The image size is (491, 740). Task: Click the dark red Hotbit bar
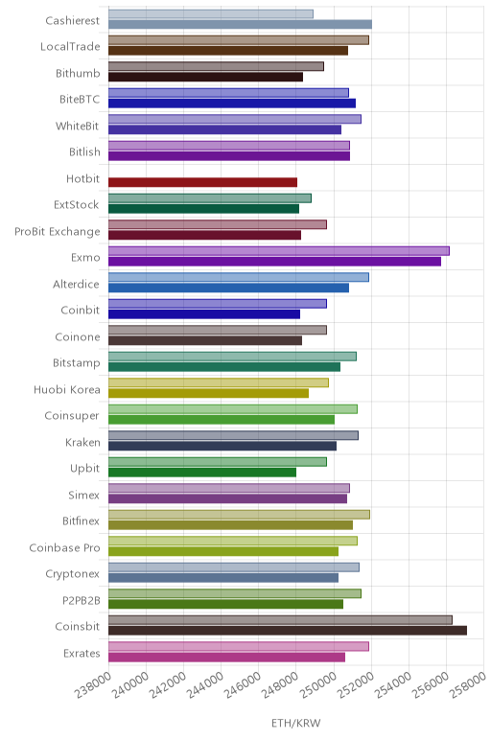[x=202, y=182]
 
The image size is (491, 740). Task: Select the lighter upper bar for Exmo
[x=278, y=251]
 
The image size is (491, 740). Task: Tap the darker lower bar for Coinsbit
[x=288, y=630]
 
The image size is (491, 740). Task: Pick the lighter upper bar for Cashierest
[x=211, y=14]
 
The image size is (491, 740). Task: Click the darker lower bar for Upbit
[x=202, y=472]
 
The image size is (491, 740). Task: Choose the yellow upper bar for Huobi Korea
[x=219, y=382]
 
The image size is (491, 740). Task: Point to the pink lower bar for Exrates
[x=226, y=657]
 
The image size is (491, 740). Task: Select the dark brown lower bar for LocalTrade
[x=228, y=51]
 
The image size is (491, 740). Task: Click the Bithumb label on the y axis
[x=78, y=73]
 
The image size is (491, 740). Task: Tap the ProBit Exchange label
[x=58, y=231]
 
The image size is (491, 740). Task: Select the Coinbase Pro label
[x=64, y=547]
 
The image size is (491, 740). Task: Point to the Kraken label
[x=82, y=442]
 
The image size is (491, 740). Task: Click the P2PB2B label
[x=82, y=600]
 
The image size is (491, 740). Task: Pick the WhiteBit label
[x=78, y=126]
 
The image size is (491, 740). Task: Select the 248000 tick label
[x=280, y=684]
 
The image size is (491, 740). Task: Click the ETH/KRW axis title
[x=296, y=723]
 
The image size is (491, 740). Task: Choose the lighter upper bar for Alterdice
[x=239, y=278]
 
